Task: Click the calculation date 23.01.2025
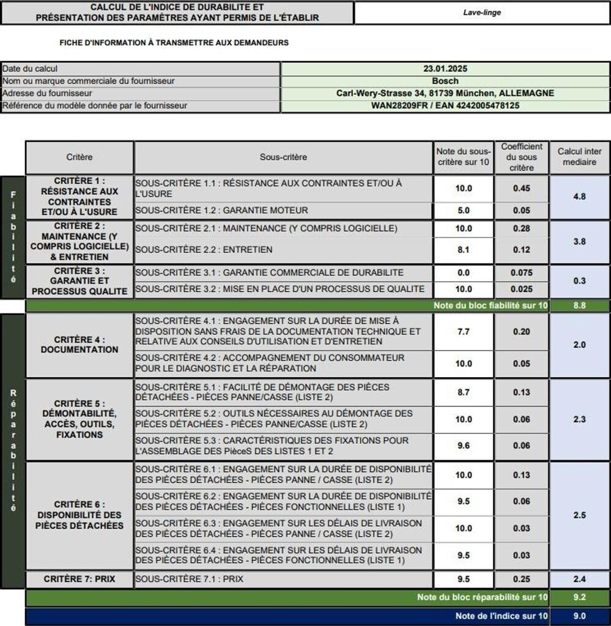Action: (445, 69)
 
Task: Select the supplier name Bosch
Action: (445, 81)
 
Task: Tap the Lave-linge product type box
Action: (482, 12)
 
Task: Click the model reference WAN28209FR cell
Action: (445, 106)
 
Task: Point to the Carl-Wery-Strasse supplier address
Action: (445, 94)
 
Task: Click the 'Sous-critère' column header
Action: (283, 158)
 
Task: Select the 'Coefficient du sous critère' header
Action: (522, 158)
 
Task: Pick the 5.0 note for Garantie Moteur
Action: (464, 210)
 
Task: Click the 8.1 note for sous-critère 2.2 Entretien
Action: (464, 249)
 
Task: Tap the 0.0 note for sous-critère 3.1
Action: (464, 273)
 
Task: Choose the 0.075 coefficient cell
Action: (522, 273)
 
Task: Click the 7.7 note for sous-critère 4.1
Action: (464, 331)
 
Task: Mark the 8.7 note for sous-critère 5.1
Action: (464, 392)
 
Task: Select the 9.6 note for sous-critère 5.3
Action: (464, 446)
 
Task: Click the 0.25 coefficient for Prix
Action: (522, 579)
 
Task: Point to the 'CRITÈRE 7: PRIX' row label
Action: (80, 579)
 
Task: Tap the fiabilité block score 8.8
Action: (579, 306)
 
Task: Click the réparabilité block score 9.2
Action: (579, 597)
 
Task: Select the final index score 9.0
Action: (579, 616)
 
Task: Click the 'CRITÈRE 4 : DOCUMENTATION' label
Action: (80, 345)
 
